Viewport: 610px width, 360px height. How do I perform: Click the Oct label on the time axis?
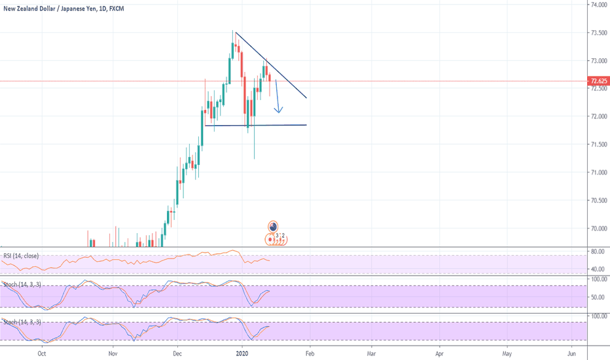coord(41,352)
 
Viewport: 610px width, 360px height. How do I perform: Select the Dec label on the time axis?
coord(178,352)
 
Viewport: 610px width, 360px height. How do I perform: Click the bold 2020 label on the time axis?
coord(243,352)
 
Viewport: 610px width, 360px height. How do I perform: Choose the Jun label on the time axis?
coord(572,352)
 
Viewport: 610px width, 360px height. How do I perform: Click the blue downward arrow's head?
coord(278,111)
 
